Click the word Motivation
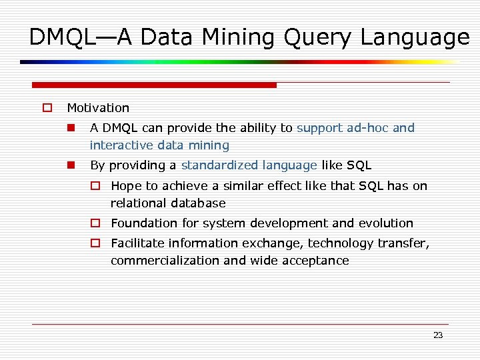click(x=98, y=108)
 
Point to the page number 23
click(x=438, y=335)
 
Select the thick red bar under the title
click(x=154, y=85)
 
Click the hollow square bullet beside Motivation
click(x=47, y=108)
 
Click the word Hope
click(x=125, y=186)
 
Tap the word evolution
click(x=385, y=223)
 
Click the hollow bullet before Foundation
click(x=96, y=223)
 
